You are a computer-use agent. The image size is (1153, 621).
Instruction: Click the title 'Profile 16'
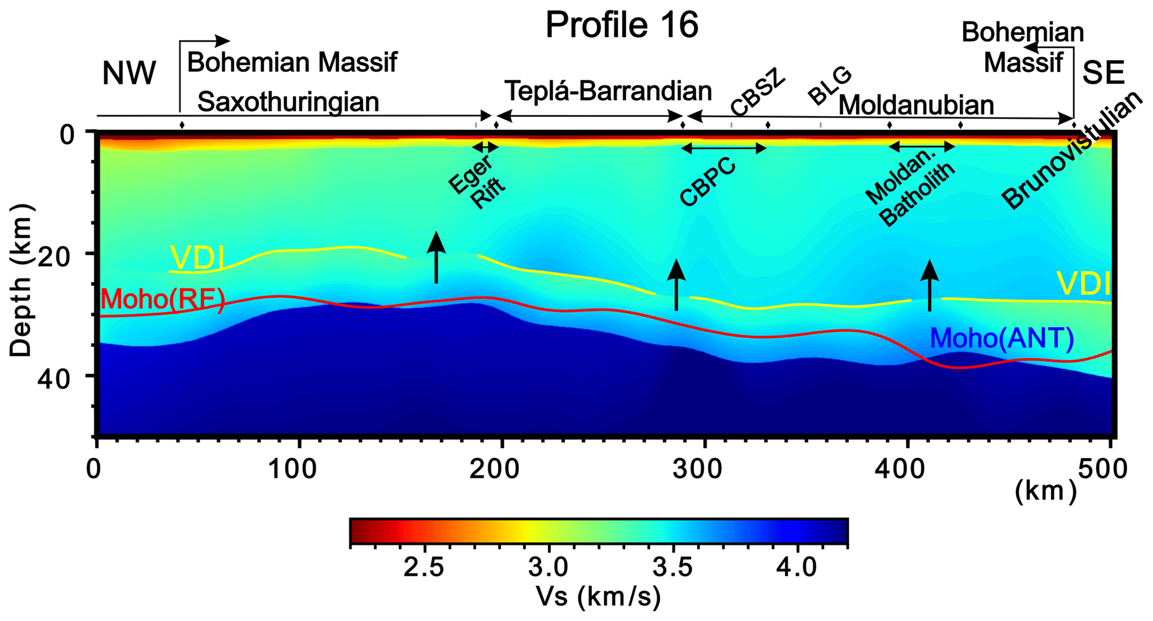[x=621, y=25]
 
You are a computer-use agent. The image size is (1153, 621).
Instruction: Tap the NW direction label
[x=129, y=74]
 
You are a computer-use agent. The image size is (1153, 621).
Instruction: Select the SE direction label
[x=1103, y=74]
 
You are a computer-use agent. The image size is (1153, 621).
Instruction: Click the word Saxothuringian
[x=288, y=102]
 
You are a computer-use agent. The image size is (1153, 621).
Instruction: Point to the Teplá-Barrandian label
[x=608, y=91]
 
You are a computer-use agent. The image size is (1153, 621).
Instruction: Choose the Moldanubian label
[x=916, y=105]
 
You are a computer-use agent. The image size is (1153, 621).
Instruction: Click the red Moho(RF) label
[x=162, y=300]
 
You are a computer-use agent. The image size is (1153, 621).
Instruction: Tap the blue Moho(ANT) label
[x=1001, y=338]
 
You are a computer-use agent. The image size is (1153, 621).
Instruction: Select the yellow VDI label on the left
[x=197, y=258]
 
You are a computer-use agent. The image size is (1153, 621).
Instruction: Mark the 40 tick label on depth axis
[x=54, y=380]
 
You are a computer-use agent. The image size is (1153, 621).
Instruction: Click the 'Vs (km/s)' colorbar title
[x=598, y=596]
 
